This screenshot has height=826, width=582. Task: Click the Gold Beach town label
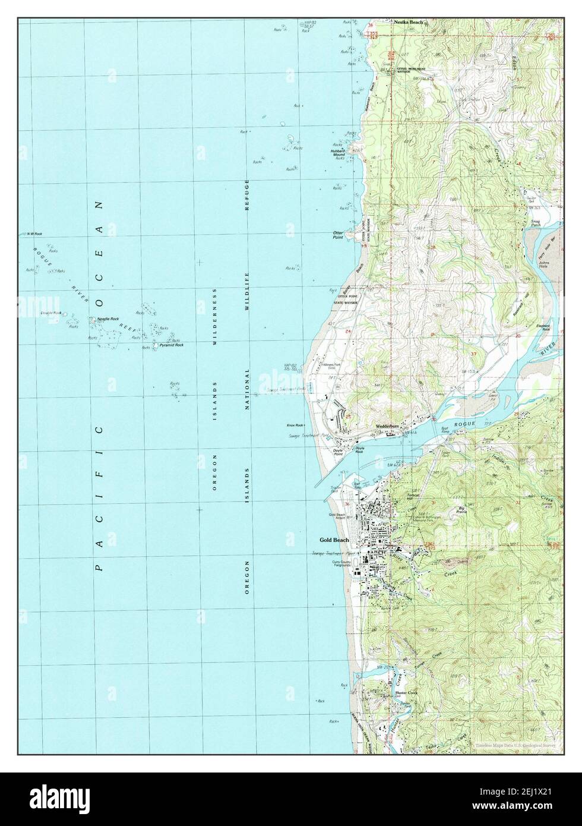click(334, 540)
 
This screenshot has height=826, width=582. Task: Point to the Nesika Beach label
click(409, 23)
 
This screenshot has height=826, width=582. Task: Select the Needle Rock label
click(107, 319)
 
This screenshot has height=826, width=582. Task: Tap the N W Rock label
click(32, 234)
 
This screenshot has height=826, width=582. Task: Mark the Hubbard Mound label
click(339, 153)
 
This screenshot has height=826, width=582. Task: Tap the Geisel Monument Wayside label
click(415, 70)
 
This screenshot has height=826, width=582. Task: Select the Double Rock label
click(51, 313)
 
